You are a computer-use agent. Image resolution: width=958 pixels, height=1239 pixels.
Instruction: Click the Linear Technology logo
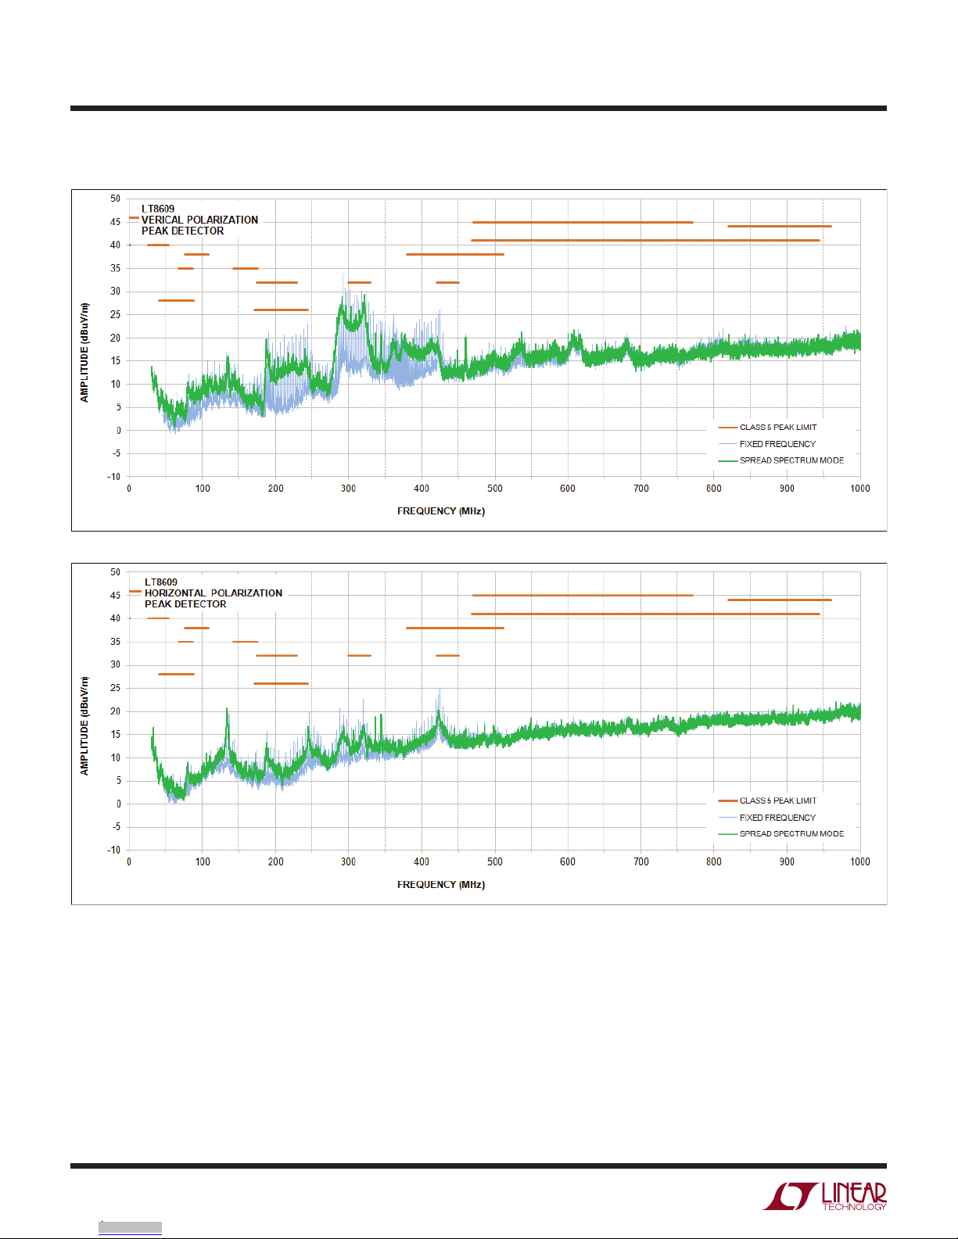pyautogui.click(x=825, y=1196)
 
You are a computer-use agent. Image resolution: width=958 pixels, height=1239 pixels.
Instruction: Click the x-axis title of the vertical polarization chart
pyautogui.click(x=440, y=511)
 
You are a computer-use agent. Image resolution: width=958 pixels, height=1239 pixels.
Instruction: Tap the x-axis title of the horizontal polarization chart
pyautogui.click(x=440, y=885)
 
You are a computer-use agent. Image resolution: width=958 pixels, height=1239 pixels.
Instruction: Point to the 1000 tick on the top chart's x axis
pyautogui.click(x=859, y=489)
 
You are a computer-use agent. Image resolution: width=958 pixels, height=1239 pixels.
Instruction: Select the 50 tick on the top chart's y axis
pyautogui.click(x=116, y=199)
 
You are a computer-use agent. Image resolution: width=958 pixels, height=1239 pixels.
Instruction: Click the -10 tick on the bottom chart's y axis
pyautogui.click(x=114, y=850)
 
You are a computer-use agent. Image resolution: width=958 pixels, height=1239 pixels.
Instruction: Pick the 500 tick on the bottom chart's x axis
pyautogui.click(x=494, y=862)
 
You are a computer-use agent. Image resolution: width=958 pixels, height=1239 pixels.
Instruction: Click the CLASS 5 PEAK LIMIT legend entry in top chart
pyautogui.click(x=777, y=428)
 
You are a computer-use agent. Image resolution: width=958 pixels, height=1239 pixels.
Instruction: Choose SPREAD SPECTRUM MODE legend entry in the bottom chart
pyautogui.click(x=791, y=834)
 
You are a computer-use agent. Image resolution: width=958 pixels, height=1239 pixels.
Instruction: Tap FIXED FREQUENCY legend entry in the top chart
pyautogui.click(x=777, y=444)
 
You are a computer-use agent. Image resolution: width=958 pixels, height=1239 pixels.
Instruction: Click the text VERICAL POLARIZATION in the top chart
pyautogui.click(x=199, y=220)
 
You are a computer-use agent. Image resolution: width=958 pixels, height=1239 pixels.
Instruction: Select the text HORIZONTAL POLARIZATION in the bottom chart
pyautogui.click(x=213, y=593)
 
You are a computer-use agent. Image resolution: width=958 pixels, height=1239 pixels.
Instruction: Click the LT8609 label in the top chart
pyautogui.click(x=158, y=209)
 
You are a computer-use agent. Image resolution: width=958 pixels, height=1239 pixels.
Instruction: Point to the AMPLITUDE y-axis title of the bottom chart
pyautogui.click(x=84, y=726)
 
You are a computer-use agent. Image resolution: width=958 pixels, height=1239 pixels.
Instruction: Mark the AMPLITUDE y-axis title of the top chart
pyautogui.click(x=84, y=353)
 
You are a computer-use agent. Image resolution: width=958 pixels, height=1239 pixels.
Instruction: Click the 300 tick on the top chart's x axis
pyautogui.click(x=348, y=489)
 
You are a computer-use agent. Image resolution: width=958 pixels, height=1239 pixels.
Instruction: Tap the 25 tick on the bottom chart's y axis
pyautogui.click(x=116, y=688)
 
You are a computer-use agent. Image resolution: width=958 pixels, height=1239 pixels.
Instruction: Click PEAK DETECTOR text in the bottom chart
pyautogui.click(x=185, y=604)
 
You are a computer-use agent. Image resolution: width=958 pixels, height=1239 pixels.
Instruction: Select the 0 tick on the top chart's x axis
pyautogui.click(x=129, y=489)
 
